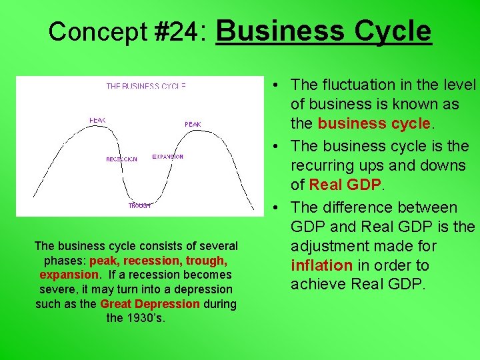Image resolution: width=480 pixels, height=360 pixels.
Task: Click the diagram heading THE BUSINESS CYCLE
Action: point(146,86)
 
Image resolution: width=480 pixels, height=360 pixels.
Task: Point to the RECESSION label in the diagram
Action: point(121,159)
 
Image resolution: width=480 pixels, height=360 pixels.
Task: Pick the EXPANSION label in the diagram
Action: point(167,157)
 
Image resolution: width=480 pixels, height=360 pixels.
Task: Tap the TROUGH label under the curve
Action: point(140,206)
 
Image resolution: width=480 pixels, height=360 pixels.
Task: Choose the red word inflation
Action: point(321,265)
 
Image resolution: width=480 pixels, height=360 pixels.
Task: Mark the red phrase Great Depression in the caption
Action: point(149,304)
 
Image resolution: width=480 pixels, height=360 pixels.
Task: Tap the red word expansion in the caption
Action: point(69,275)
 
